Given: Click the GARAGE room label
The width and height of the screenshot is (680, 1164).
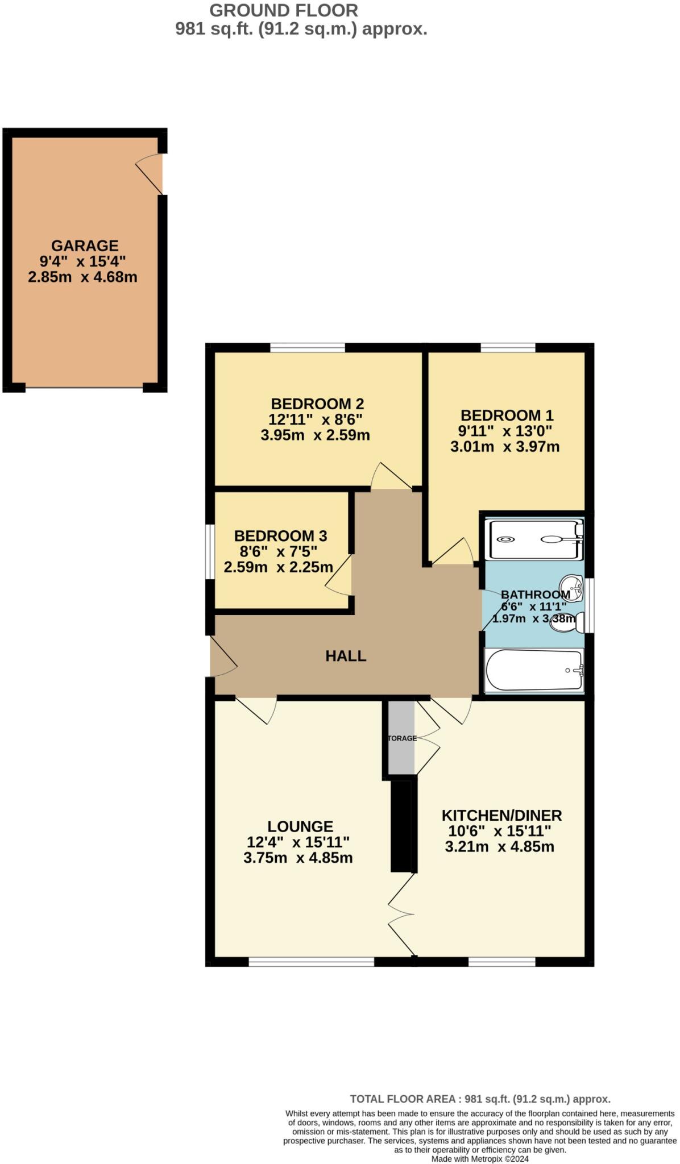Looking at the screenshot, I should (85, 246).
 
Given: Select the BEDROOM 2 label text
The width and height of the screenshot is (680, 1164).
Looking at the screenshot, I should (317, 404).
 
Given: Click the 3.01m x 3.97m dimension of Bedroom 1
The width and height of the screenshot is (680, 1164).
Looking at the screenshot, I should (504, 447).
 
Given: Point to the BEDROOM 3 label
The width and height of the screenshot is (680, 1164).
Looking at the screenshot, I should (280, 536).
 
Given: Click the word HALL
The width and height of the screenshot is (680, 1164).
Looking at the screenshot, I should (346, 656).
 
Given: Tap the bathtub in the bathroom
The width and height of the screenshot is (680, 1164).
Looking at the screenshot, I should (533, 671).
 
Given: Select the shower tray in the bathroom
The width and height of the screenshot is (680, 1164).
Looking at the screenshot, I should (533, 539).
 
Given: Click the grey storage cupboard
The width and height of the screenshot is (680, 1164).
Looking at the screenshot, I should (401, 738).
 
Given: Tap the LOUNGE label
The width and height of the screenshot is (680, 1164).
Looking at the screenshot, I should (300, 826).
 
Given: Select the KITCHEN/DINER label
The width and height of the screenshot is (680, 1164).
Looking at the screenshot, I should (501, 816).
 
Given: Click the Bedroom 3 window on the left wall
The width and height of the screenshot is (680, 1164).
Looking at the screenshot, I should (209, 551).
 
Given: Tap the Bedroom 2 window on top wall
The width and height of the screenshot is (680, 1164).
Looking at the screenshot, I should (308, 347).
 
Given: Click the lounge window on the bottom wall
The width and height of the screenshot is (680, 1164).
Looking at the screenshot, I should (311, 961).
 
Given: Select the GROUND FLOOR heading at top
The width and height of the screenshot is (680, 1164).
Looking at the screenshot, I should (284, 10).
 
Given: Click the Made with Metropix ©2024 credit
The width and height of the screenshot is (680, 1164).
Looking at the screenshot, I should (480, 1159).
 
